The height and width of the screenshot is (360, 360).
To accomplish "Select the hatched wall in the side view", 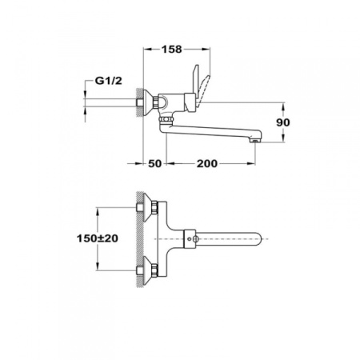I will pyautogui.click(x=141, y=105).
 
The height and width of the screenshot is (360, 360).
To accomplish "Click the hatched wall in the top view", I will pyautogui.click(x=141, y=238).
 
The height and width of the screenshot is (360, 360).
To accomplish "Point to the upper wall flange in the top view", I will pyautogui.click(x=148, y=210).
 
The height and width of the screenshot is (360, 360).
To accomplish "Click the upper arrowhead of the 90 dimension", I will pyautogui.click(x=283, y=106).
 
